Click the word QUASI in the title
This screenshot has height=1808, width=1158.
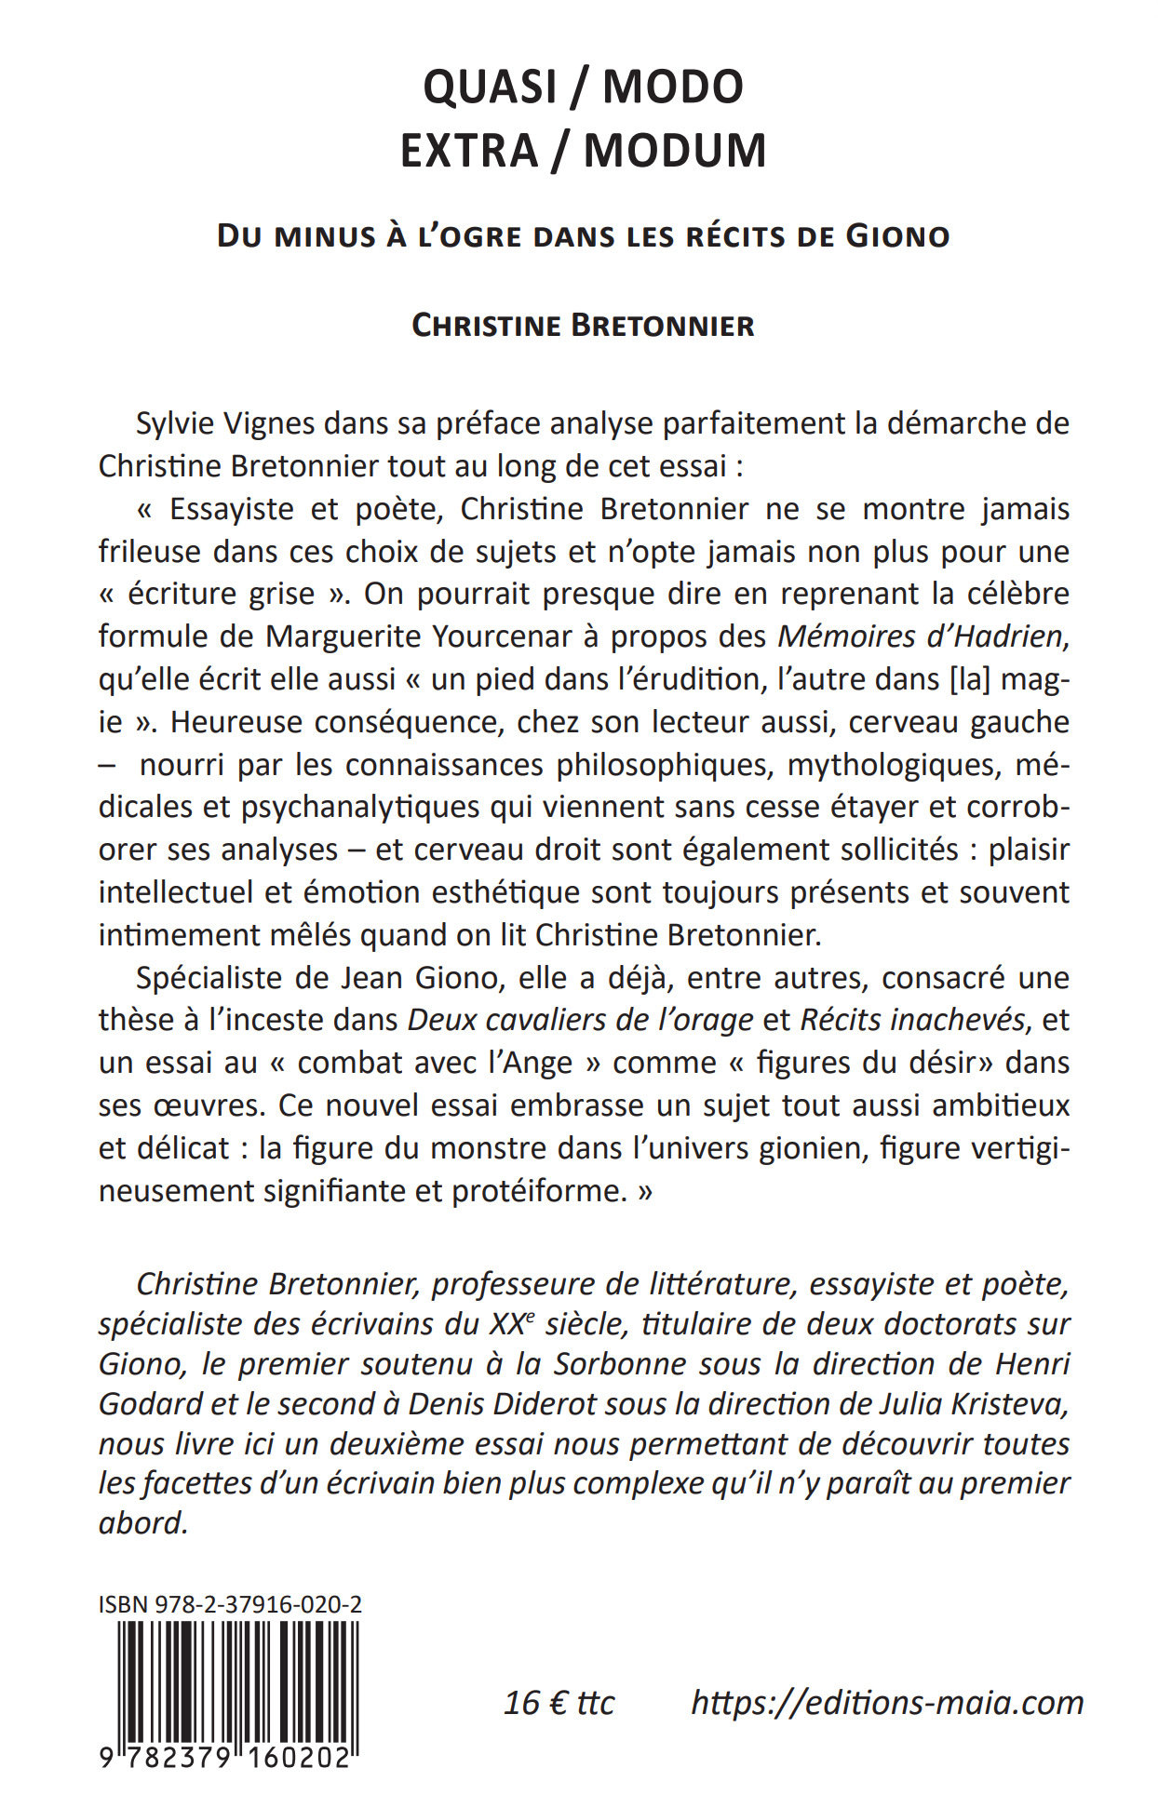click(490, 87)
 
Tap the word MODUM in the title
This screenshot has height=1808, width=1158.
click(675, 151)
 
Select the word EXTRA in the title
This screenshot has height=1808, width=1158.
click(469, 151)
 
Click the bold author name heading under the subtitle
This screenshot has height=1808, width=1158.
click(583, 326)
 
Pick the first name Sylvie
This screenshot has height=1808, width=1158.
click(177, 423)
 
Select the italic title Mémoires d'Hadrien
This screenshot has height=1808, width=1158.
click(920, 636)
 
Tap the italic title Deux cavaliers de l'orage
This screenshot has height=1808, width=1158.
click(580, 1020)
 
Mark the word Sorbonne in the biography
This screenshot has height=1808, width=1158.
click(619, 1364)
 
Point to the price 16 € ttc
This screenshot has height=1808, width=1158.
click(559, 1702)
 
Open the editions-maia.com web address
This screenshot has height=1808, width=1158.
click(887, 1702)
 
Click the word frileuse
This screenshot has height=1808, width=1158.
click(152, 551)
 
